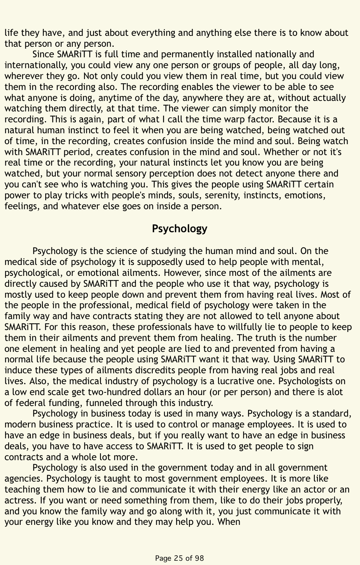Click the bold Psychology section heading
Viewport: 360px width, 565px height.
180,229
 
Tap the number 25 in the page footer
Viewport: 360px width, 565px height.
178,558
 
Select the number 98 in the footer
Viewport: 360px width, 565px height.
199,558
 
